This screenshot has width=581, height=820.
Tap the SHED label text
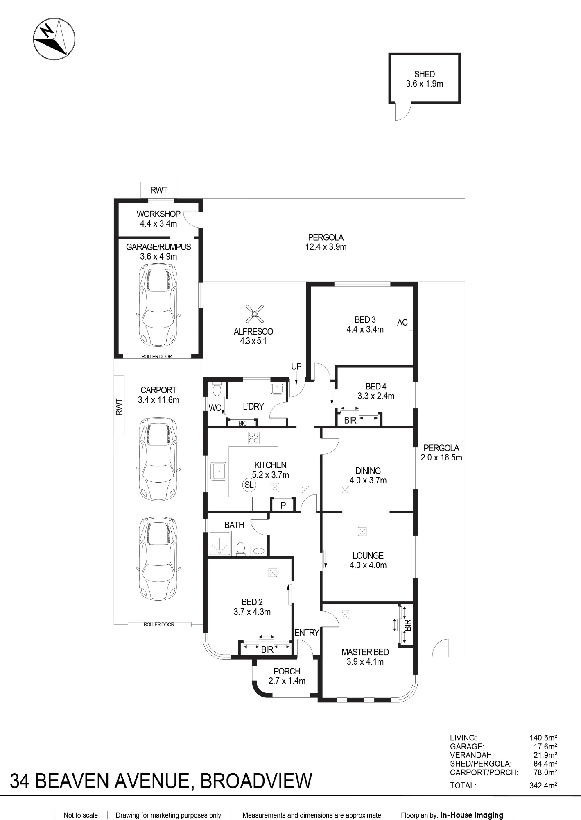coord(424,74)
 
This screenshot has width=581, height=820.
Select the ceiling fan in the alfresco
coord(254,314)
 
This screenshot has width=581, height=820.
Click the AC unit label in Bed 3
coord(402,322)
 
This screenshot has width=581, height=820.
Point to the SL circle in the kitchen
coord(249,485)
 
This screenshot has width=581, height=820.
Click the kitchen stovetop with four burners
coord(253,438)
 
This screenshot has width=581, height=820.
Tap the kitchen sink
coord(219,471)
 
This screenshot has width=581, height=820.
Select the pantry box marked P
coord(283,505)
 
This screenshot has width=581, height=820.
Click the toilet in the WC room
coord(217,389)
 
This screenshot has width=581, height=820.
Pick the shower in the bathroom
coord(220,544)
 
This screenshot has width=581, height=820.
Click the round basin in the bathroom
coord(259,551)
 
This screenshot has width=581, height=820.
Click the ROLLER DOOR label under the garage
coord(157,356)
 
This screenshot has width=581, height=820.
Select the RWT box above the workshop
coord(159,190)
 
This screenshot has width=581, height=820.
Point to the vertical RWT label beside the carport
coord(119,407)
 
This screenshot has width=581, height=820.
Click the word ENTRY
coord(307,633)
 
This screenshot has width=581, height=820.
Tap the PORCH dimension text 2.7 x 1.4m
coord(287,681)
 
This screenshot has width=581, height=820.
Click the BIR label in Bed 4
coord(350,420)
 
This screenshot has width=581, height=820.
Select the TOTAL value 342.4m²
coord(543,786)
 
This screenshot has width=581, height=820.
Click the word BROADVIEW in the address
coord(256,781)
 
